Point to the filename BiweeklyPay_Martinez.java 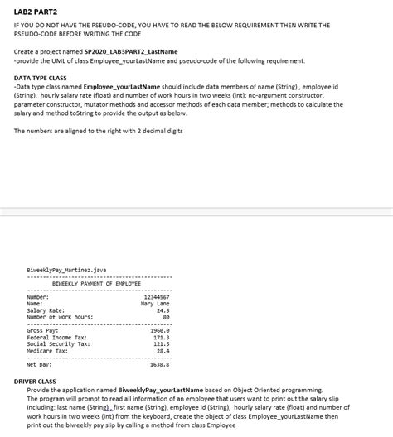point(66,270)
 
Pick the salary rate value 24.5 point(162,310)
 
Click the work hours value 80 point(166,317)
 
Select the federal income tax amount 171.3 point(160,337)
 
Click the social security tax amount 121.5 point(160,343)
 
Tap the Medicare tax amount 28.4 point(162,350)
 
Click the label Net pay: point(40,363)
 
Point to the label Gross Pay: point(43,330)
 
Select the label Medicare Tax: point(47,350)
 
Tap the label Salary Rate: point(46,310)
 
